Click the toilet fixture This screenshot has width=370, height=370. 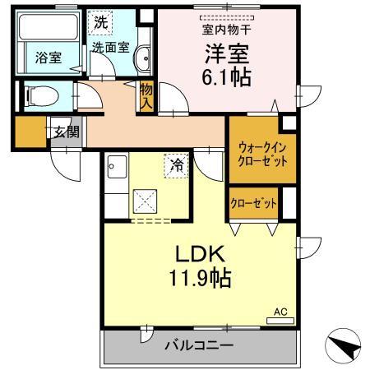pyautogui.click(x=35, y=96)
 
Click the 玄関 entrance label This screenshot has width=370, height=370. pyautogui.click(x=66, y=131)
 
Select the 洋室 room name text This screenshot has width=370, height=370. pyautogui.click(x=222, y=53)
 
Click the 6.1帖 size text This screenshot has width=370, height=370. pyautogui.click(x=224, y=79)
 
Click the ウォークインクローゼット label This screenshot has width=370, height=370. pyautogui.click(x=262, y=154)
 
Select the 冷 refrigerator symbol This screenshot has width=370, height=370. pyautogui.click(x=174, y=164)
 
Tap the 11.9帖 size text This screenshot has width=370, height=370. pyautogui.click(x=199, y=279)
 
